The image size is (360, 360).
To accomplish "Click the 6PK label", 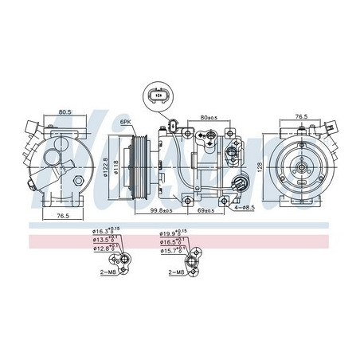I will tap(126, 122).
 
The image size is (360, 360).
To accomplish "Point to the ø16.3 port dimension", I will tap(104, 231).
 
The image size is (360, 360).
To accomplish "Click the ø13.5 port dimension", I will tap(104, 240).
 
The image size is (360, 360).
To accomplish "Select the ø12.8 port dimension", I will tap(104, 248).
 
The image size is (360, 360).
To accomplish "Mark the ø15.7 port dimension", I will tap(171, 252).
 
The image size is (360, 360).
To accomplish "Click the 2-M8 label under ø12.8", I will tap(110, 271).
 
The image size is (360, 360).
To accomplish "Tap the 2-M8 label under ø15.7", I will tap(177, 272).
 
